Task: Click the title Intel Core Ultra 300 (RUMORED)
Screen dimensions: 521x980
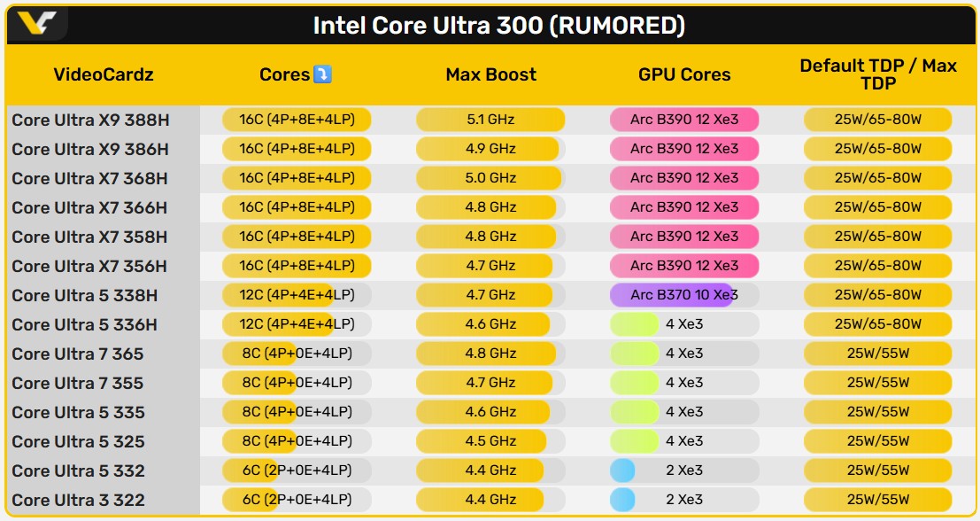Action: (x=498, y=25)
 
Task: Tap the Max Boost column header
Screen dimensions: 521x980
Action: (x=490, y=74)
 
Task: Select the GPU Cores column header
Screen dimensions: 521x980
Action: (x=684, y=74)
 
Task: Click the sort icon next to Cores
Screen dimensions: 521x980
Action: (x=322, y=74)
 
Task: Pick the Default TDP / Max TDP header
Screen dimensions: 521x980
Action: (x=877, y=74)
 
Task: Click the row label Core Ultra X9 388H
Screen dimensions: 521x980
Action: (x=89, y=120)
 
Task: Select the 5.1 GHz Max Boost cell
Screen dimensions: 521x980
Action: (x=490, y=119)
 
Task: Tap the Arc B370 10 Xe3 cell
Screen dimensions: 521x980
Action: (x=683, y=294)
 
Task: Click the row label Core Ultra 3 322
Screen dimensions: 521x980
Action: (x=78, y=500)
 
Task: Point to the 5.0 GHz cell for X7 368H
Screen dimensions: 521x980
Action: (x=490, y=177)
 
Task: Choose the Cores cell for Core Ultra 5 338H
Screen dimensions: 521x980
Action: (x=297, y=294)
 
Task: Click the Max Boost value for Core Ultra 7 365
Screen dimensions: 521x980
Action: (x=490, y=353)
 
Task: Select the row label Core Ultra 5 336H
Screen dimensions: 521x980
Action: (x=85, y=324)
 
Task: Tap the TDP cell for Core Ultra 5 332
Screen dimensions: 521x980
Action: (x=877, y=470)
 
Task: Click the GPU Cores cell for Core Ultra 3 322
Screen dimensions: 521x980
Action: (x=683, y=499)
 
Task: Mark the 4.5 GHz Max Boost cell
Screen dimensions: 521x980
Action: (x=490, y=440)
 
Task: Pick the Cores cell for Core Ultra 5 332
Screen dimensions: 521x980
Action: (x=297, y=470)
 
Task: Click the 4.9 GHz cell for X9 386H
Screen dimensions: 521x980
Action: (x=490, y=148)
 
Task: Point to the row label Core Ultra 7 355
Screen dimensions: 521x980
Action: (x=78, y=383)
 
